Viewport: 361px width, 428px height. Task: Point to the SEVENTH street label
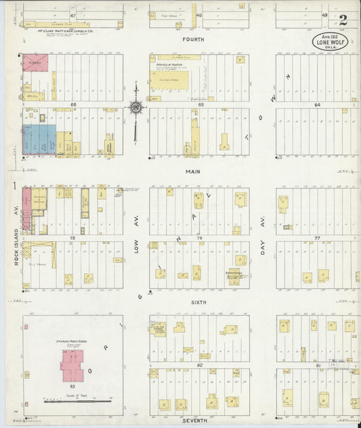click(194, 421)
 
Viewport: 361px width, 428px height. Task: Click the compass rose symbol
click(136, 106)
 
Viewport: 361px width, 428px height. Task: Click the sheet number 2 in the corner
click(343, 20)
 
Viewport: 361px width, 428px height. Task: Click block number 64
click(316, 105)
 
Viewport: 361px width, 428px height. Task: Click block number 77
click(317, 238)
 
